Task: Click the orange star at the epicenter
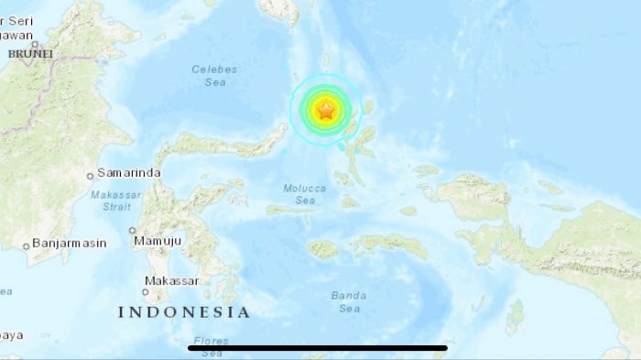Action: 325,112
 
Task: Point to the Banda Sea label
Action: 350,301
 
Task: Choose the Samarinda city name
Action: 129,173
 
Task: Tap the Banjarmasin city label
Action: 70,244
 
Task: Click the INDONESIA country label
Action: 183,312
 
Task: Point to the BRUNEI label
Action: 31,54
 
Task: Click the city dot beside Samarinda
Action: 90,174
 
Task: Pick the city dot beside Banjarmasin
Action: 26,245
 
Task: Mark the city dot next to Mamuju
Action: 133,231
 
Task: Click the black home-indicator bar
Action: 318,348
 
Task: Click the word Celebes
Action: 215,69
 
